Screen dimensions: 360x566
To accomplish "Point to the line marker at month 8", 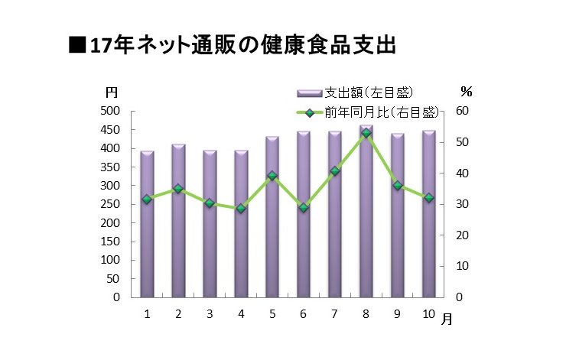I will [x=366, y=133].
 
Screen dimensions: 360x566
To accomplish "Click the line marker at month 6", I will [x=304, y=207].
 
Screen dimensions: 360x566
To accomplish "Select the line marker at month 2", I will [x=178, y=188].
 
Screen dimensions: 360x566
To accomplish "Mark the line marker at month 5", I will [x=272, y=176].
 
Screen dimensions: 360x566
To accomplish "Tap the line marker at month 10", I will [x=428, y=197].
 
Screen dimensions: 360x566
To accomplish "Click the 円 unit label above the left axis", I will [x=112, y=92].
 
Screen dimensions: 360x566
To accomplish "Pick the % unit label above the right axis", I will [x=466, y=91].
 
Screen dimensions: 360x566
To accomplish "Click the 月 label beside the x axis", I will [x=447, y=319].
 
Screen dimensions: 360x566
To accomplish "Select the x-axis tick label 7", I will [x=335, y=314].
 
